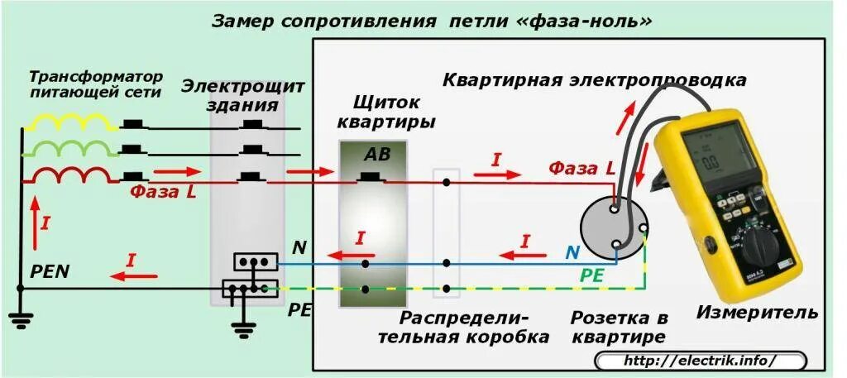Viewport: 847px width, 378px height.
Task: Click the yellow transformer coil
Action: (70, 122)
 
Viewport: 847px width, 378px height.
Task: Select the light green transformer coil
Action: (70, 148)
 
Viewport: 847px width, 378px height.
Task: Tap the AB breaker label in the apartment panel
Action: (377, 155)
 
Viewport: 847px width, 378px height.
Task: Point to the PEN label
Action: (50, 270)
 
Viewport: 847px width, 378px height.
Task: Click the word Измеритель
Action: (757, 313)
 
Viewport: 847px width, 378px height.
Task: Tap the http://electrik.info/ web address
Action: (699, 361)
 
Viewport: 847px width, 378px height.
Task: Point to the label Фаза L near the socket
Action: (581, 168)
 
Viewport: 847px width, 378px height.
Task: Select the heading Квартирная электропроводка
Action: (595, 80)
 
